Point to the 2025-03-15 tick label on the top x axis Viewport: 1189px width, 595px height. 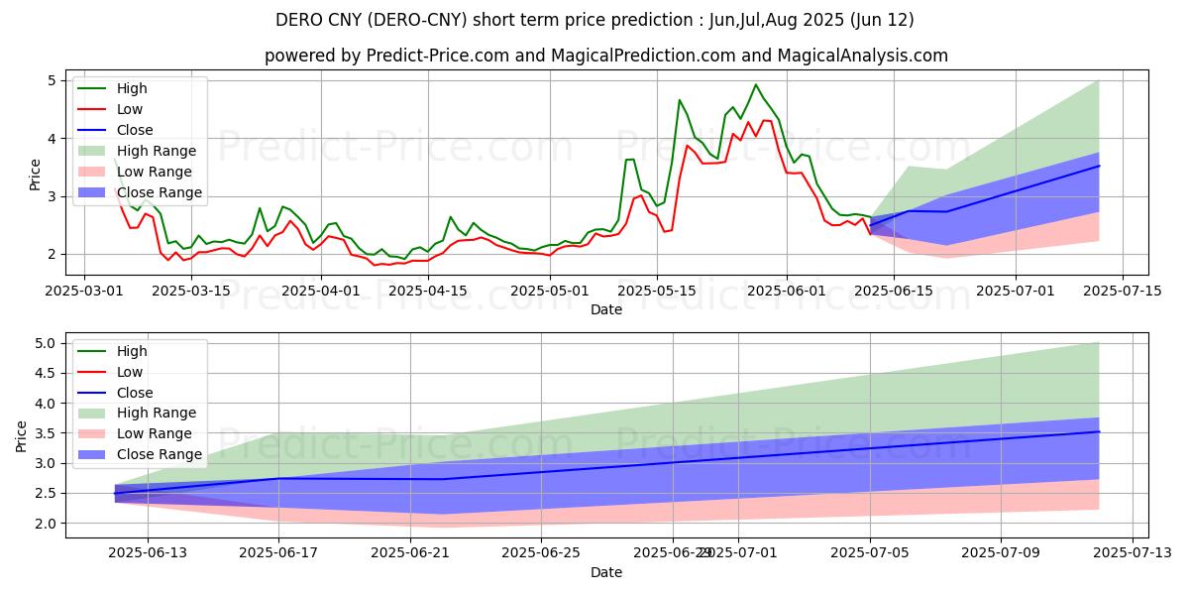[x=196, y=291]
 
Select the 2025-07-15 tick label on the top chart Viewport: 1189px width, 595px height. [x=1122, y=291]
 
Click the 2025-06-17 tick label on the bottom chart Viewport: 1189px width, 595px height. [x=279, y=552]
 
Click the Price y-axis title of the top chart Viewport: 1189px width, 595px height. [x=36, y=174]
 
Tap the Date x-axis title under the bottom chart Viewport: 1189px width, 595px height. [x=606, y=572]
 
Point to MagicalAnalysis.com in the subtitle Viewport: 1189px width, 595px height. [x=863, y=56]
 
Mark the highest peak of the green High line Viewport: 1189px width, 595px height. [x=756, y=84]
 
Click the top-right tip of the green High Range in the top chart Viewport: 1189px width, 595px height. [x=1099, y=81]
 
